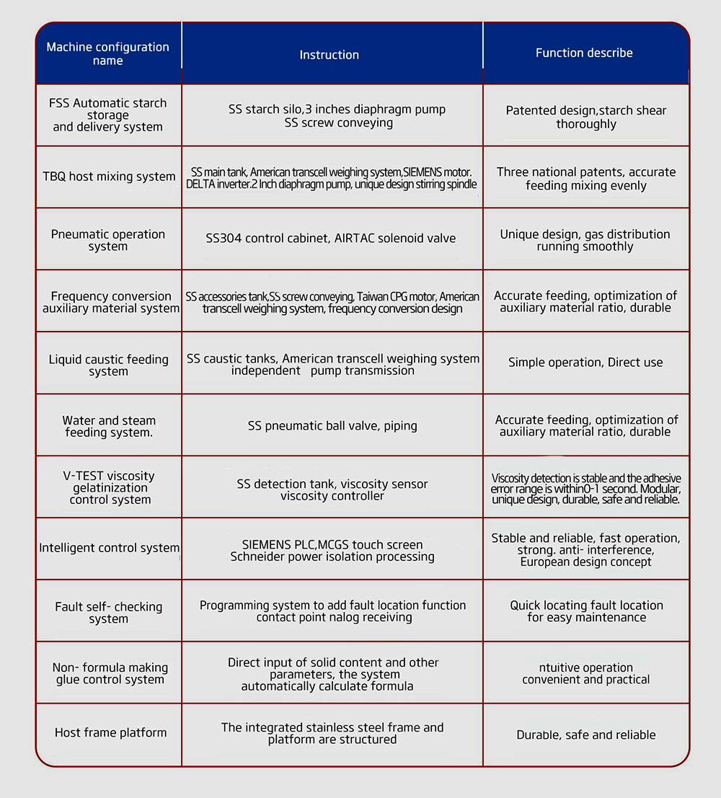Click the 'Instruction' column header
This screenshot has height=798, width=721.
tap(329, 55)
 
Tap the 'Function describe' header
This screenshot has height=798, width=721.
tap(584, 53)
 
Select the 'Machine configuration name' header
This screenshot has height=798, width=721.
tap(108, 54)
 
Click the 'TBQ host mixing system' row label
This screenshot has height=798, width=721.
tap(109, 177)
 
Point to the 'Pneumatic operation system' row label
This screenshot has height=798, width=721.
tap(108, 240)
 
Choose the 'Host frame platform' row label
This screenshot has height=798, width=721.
tap(110, 732)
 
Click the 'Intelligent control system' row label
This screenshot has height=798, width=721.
tap(109, 548)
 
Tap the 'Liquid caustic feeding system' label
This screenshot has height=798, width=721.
tap(108, 365)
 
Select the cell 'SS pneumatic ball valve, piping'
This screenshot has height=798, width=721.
tap(332, 426)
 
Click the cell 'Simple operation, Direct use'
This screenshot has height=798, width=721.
tap(585, 363)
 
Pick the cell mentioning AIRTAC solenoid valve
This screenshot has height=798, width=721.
tap(331, 239)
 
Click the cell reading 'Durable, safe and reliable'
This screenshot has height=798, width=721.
tap(586, 735)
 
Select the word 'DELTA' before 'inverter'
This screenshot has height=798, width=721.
tap(201, 184)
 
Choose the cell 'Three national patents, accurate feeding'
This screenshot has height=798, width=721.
tap(586, 179)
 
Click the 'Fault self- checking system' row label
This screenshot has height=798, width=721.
tap(109, 613)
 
